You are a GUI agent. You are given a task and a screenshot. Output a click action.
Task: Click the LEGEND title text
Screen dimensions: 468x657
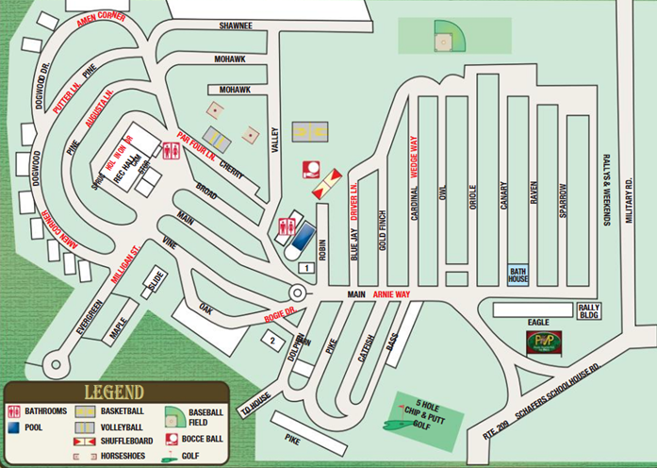coord(113,392)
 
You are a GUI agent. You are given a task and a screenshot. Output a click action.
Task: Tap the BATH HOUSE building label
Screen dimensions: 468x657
coord(517,275)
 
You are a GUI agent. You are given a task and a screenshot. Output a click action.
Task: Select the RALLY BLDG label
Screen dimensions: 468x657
coord(588,310)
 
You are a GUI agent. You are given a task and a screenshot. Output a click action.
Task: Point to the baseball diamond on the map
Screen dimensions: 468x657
coord(443,40)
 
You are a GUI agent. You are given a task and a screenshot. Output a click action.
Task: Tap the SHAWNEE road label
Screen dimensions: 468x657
coord(235,25)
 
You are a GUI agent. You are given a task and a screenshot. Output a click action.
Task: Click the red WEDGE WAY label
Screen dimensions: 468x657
coord(413,159)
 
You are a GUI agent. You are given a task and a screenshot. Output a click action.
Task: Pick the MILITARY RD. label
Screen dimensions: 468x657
coord(629,198)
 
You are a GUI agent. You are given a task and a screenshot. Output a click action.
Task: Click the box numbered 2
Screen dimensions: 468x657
coord(272,339)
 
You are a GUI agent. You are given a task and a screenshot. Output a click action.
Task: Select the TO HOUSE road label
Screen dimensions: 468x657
coord(255,403)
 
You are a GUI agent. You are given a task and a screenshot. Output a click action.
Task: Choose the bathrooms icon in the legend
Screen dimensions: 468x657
coord(13,411)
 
